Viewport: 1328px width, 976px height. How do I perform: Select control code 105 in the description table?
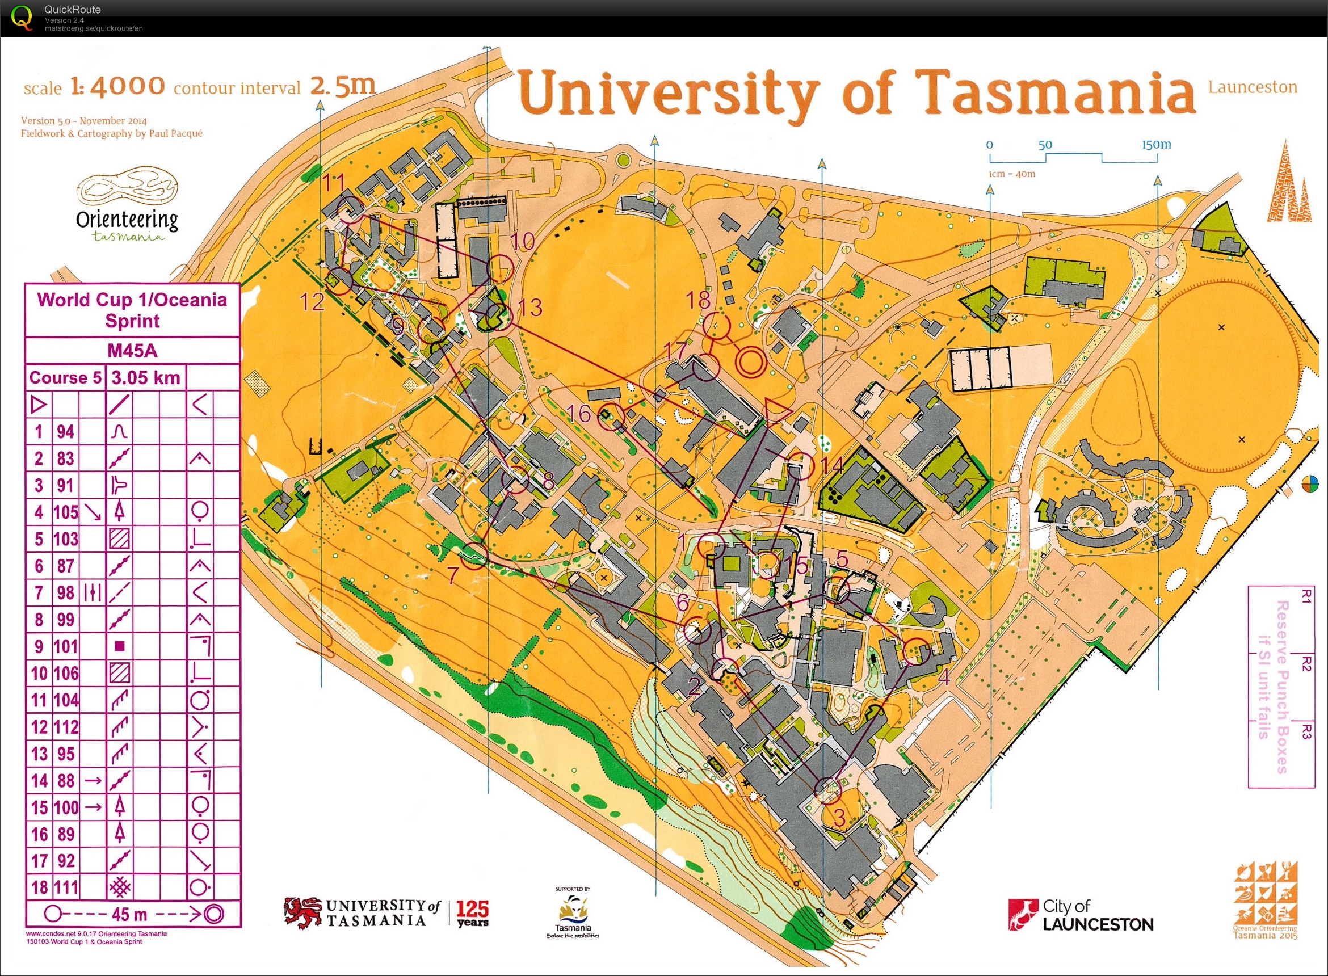pyautogui.click(x=66, y=512)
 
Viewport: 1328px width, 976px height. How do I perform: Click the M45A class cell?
pyautogui.click(x=132, y=351)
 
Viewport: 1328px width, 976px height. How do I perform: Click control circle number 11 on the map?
pyautogui.click(x=350, y=210)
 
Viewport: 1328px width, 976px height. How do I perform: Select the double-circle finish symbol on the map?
pyautogui.click(x=750, y=360)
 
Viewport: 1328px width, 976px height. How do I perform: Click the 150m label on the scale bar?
pyautogui.click(x=1155, y=145)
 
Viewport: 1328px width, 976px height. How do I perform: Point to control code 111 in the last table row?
pyautogui.click(x=66, y=887)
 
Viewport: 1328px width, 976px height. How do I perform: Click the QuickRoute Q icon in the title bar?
pyautogui.click(x=23, y=16)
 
